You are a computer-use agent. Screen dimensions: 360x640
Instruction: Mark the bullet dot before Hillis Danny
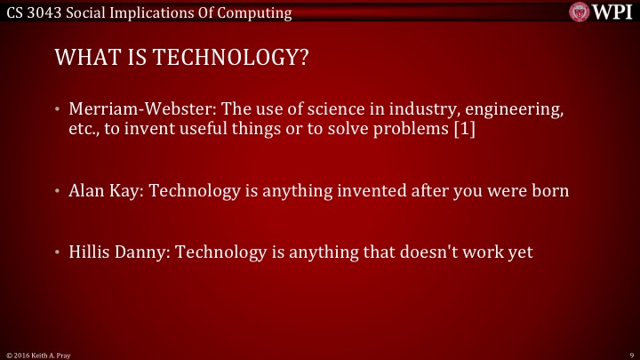(x=58, y=252)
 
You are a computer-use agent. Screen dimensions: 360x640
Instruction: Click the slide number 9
(x=629, y=353)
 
